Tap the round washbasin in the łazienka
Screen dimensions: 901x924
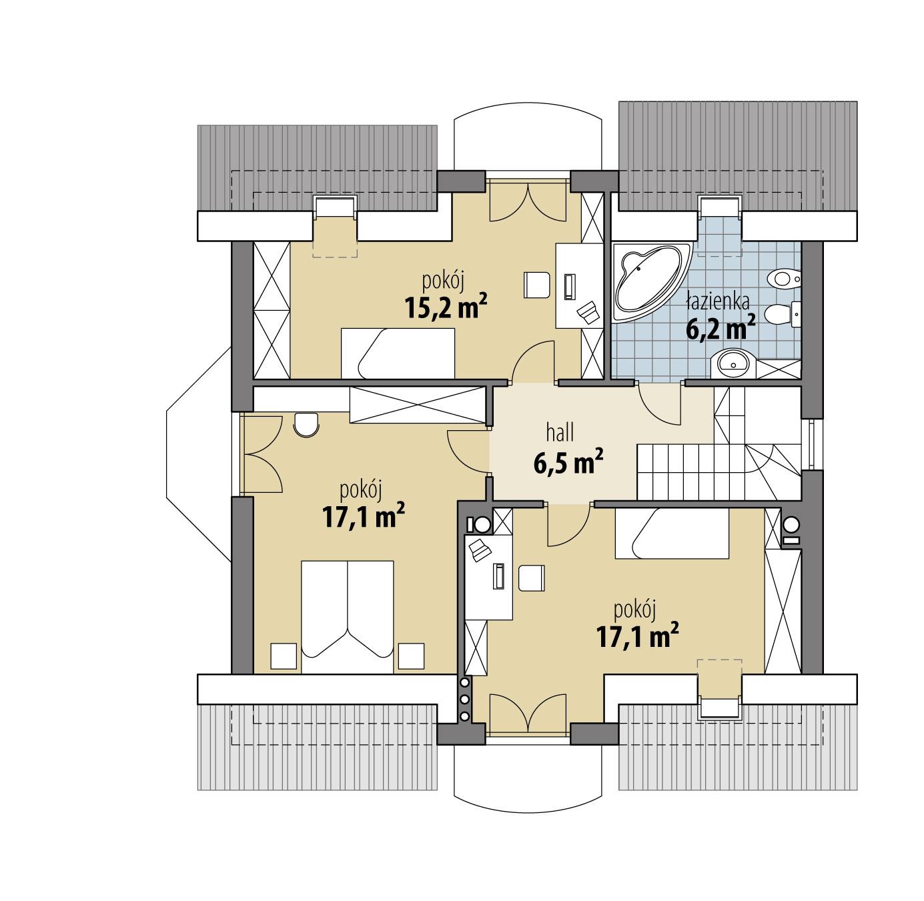[735, 363]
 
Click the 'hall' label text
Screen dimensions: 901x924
[560, 433]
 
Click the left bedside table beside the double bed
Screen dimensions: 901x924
[283, 656]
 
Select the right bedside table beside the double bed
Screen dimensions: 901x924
[411, 656]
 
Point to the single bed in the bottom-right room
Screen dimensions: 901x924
[671, 533]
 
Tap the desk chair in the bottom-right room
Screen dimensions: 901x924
[532, 578]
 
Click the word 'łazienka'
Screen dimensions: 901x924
[711, 301]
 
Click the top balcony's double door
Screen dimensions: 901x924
[528, 202]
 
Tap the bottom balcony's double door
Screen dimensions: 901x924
[528, 714]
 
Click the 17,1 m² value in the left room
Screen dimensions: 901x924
[364, 518]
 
